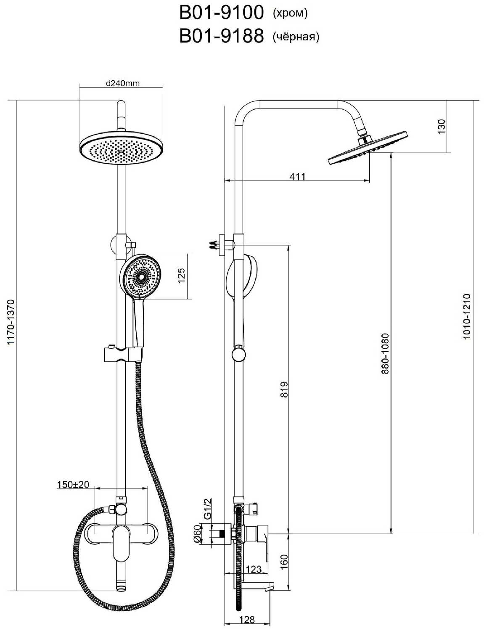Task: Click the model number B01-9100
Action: (221, 13)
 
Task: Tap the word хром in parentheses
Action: (291, 13)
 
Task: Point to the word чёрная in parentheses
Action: (296, 37)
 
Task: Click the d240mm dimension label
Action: (122, 83)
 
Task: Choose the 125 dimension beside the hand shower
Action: (181, 276)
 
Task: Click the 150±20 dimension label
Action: (73, 485)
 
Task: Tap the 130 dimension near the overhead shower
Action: (441, 127)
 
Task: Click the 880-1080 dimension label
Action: (385, 353)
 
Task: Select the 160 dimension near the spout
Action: (284, 561)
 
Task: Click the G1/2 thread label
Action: (207, 509)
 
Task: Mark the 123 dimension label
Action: (254, 570)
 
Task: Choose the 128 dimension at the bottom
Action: (247, 619)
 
